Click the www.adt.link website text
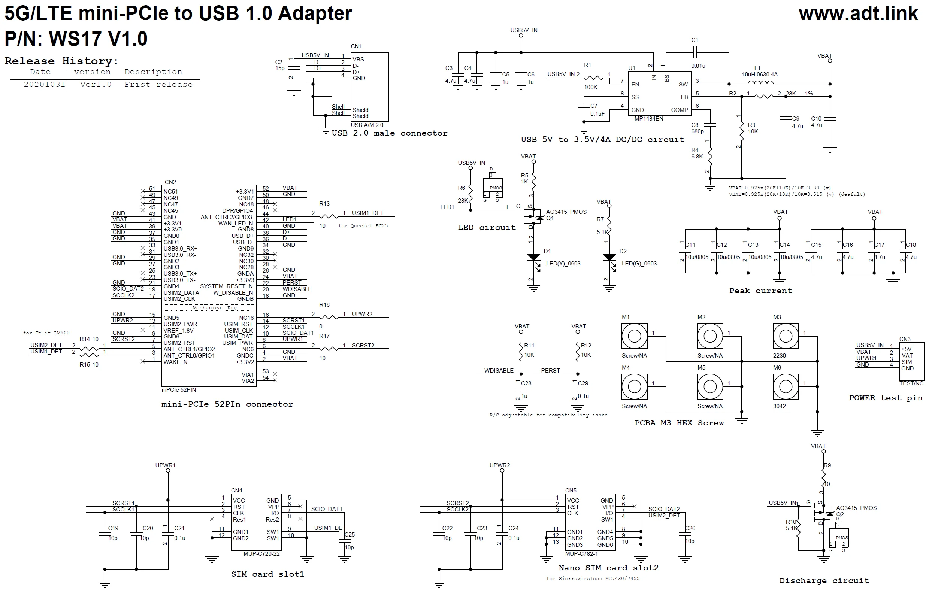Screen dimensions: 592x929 click(x=857, y=14)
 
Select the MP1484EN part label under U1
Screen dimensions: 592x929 click(x=648, y=119)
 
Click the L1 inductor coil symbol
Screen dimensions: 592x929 click(x=760, y=83)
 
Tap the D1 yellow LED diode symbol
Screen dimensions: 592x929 click(x=533, y=258)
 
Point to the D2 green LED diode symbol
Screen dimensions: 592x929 click(x=609, y=258)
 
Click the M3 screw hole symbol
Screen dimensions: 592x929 click(x=786, y=336)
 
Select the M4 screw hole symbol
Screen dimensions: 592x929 click(x=634, y=386)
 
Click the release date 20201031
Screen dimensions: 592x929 click(x=44, y=85)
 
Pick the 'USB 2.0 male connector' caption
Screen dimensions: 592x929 click(x=389, y=133)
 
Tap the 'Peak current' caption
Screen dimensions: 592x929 click(x=760, y=291)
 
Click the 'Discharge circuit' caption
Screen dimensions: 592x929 click(x=824, y=580)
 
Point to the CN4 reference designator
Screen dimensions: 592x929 click(x=236, y=491)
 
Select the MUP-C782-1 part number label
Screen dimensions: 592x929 click(x=581, y=554)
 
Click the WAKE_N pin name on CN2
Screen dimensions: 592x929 click(x=175, y=362)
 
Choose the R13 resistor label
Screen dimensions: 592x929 click(x=324, y=204)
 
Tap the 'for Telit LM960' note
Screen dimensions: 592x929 click(x=46, y=333)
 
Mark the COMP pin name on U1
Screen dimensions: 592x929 click(x=679, y=110)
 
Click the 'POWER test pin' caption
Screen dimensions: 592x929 click(x=886, y=398)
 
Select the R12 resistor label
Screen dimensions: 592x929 click(x=585, y=346)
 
